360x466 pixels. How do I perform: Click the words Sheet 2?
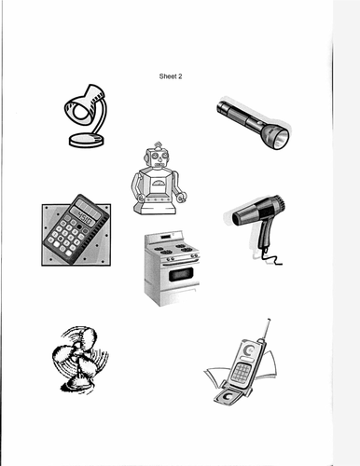pyautogui.click(x=171, y=76)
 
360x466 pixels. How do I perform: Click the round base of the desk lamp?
pyautogui.click(x=87, y=140)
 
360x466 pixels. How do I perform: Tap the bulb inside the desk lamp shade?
pyautogui.click(x=80, y=111)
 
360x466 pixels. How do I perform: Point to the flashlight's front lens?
pyautogui.click(x=281, y=139)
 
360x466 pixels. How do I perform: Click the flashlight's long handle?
pyautogui.click(x=240, y=115)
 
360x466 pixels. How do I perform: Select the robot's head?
pyautogui.click(x=159, y=158)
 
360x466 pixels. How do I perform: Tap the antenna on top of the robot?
pyautogui.click(x=159, y=145)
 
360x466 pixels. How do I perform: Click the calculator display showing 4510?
pyautogui.click(x=85, y=216)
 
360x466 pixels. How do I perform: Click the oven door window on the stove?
pyautogui.click(x=181, y=274)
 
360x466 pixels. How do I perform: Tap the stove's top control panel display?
pyautogui.click(x=165, y=238)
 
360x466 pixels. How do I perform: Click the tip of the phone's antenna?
pyautogui.click(x=269, y=320)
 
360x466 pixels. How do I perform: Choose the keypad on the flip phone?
pyautogui.click(x=241, y=372)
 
